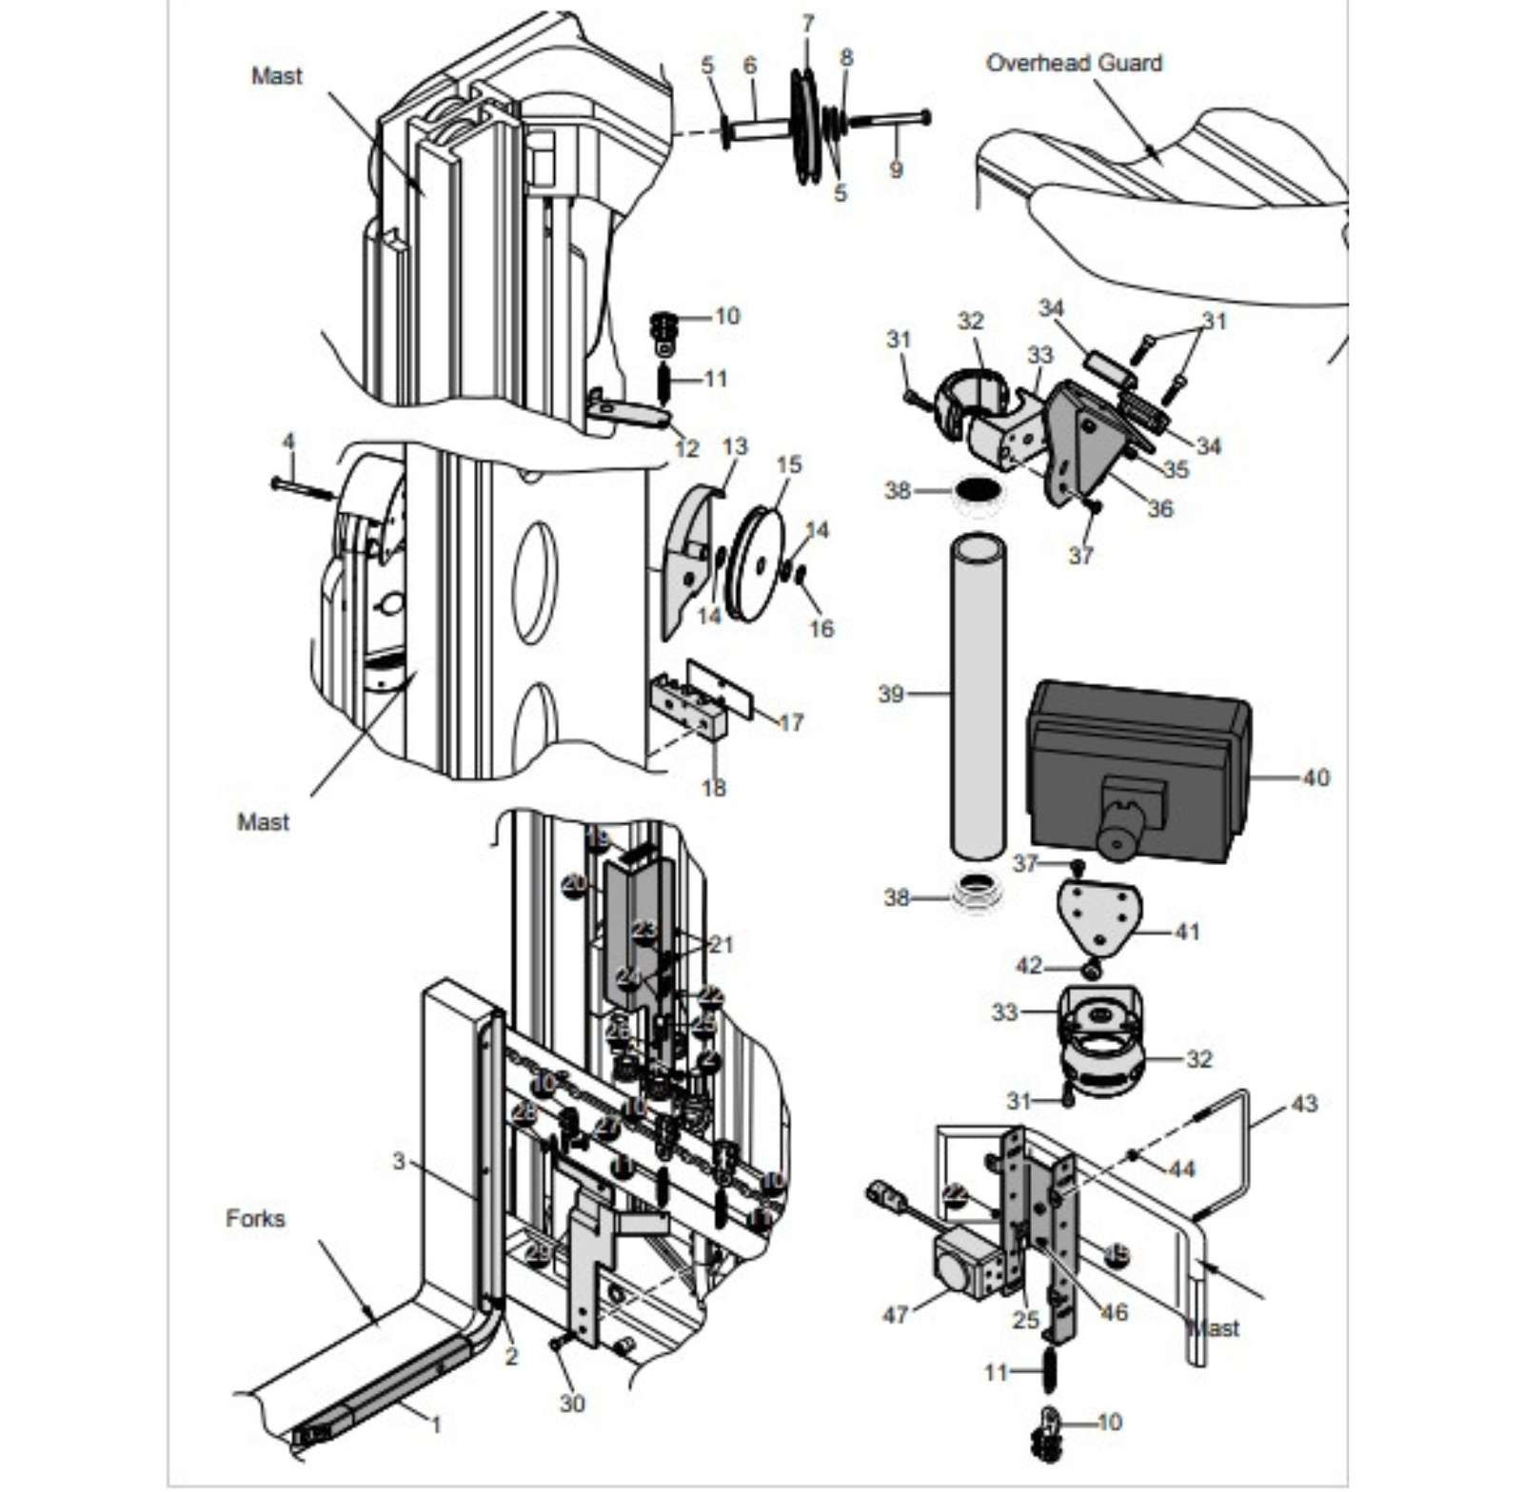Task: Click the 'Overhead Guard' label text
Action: point(1073,63)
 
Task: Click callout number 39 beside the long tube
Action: point(890,694)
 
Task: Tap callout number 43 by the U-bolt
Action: point(1303,1103)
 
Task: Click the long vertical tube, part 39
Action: point(978,695)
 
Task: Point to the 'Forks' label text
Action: point(255,1218)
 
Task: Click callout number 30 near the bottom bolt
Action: point(571,1403)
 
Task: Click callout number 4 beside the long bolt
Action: point(288,442)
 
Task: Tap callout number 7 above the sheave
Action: point(807,24)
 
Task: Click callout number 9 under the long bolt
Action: point(895,169)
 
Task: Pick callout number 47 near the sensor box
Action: point(895,1314)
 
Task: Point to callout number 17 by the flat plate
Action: point(791,722)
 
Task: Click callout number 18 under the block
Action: point(713,787)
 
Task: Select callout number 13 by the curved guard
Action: point(735,446)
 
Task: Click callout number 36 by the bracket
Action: point(1159,508)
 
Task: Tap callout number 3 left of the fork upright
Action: point(399,1161)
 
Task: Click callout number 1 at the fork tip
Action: point(436,1424)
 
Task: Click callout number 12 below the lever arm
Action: point(686,448)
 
